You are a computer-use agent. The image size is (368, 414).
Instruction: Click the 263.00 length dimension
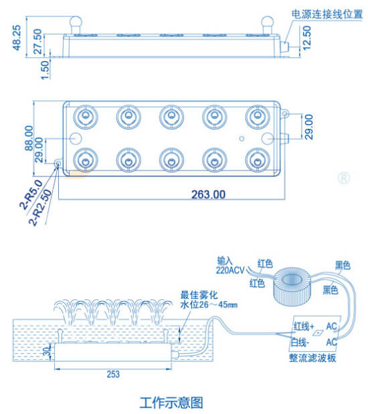point(209,194)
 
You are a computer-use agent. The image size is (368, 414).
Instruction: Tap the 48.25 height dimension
point(17,37)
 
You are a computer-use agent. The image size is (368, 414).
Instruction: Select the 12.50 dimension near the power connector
point(306,38)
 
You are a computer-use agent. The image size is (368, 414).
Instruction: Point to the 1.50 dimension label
point(45,69)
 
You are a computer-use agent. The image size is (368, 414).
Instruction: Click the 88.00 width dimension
point(29,138)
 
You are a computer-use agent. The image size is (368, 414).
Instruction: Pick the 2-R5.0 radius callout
point(31,195)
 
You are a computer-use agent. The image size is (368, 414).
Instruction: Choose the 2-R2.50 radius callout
point(40,207)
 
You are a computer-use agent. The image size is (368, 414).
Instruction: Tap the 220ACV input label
point(230,270)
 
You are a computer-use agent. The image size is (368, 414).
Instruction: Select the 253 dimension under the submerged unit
point(113,374)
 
